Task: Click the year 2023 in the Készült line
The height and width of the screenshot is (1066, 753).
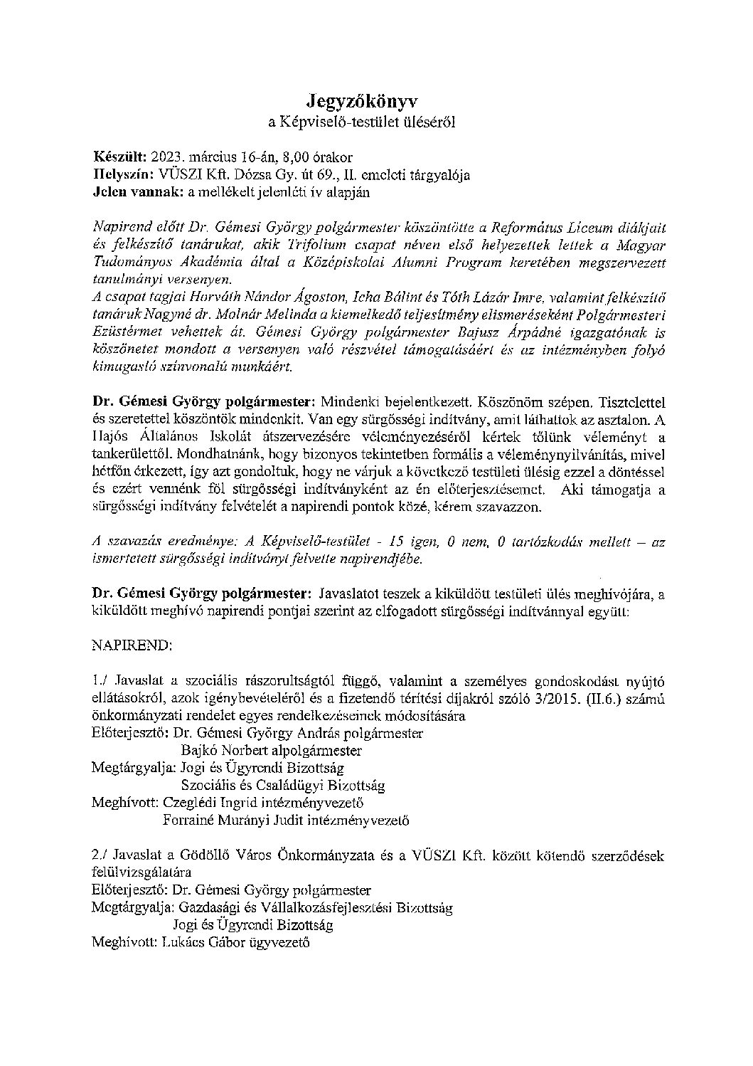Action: pos(164,157)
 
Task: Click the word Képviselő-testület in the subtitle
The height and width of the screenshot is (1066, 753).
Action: pos(333,122)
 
